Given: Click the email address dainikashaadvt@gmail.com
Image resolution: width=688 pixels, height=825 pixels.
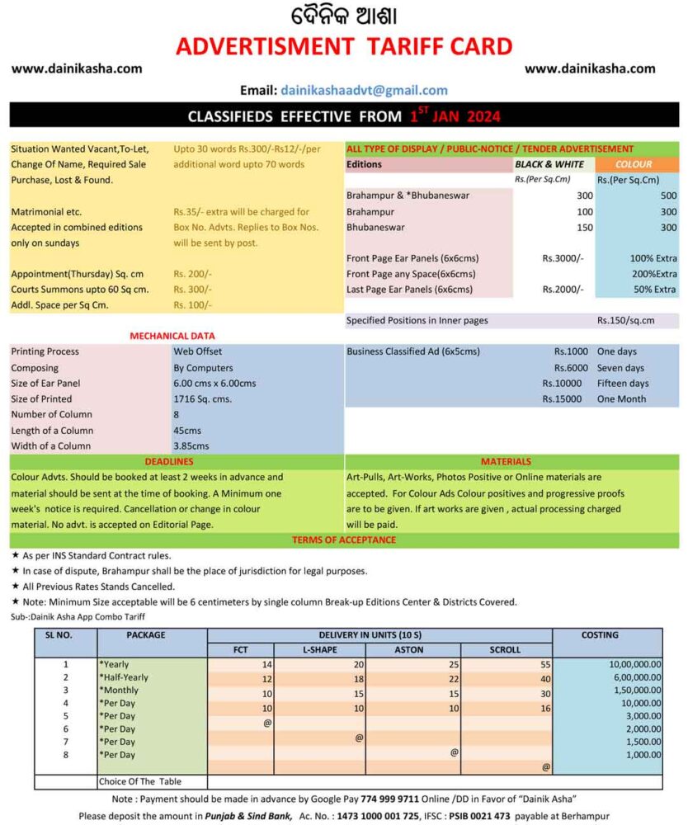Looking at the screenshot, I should pyautogui.click(x=364, y=91).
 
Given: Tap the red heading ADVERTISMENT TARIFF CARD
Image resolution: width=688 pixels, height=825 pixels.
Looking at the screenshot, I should pyautogui.click(x=344, y=46).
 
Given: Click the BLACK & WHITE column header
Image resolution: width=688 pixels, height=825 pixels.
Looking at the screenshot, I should pyautogui.click(x=549, y=164).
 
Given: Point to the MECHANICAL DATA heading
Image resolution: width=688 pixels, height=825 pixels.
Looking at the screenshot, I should pyautogui.click(x=172, y=336).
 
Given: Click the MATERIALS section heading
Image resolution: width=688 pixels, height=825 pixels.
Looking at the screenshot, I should pyautogui.click(x=506, y=461).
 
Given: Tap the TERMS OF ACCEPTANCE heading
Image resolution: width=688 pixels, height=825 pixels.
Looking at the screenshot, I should pyautogui.click(x=343, y=540).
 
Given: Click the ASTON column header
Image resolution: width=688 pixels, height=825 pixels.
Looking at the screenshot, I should pyautogui.click(x=412, y=649).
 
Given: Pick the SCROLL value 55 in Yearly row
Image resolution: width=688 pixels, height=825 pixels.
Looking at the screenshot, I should pyautogui.click(x=545, y=664).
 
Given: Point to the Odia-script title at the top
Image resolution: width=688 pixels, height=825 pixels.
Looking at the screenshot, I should pyautogui.click(x=343, y=16).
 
